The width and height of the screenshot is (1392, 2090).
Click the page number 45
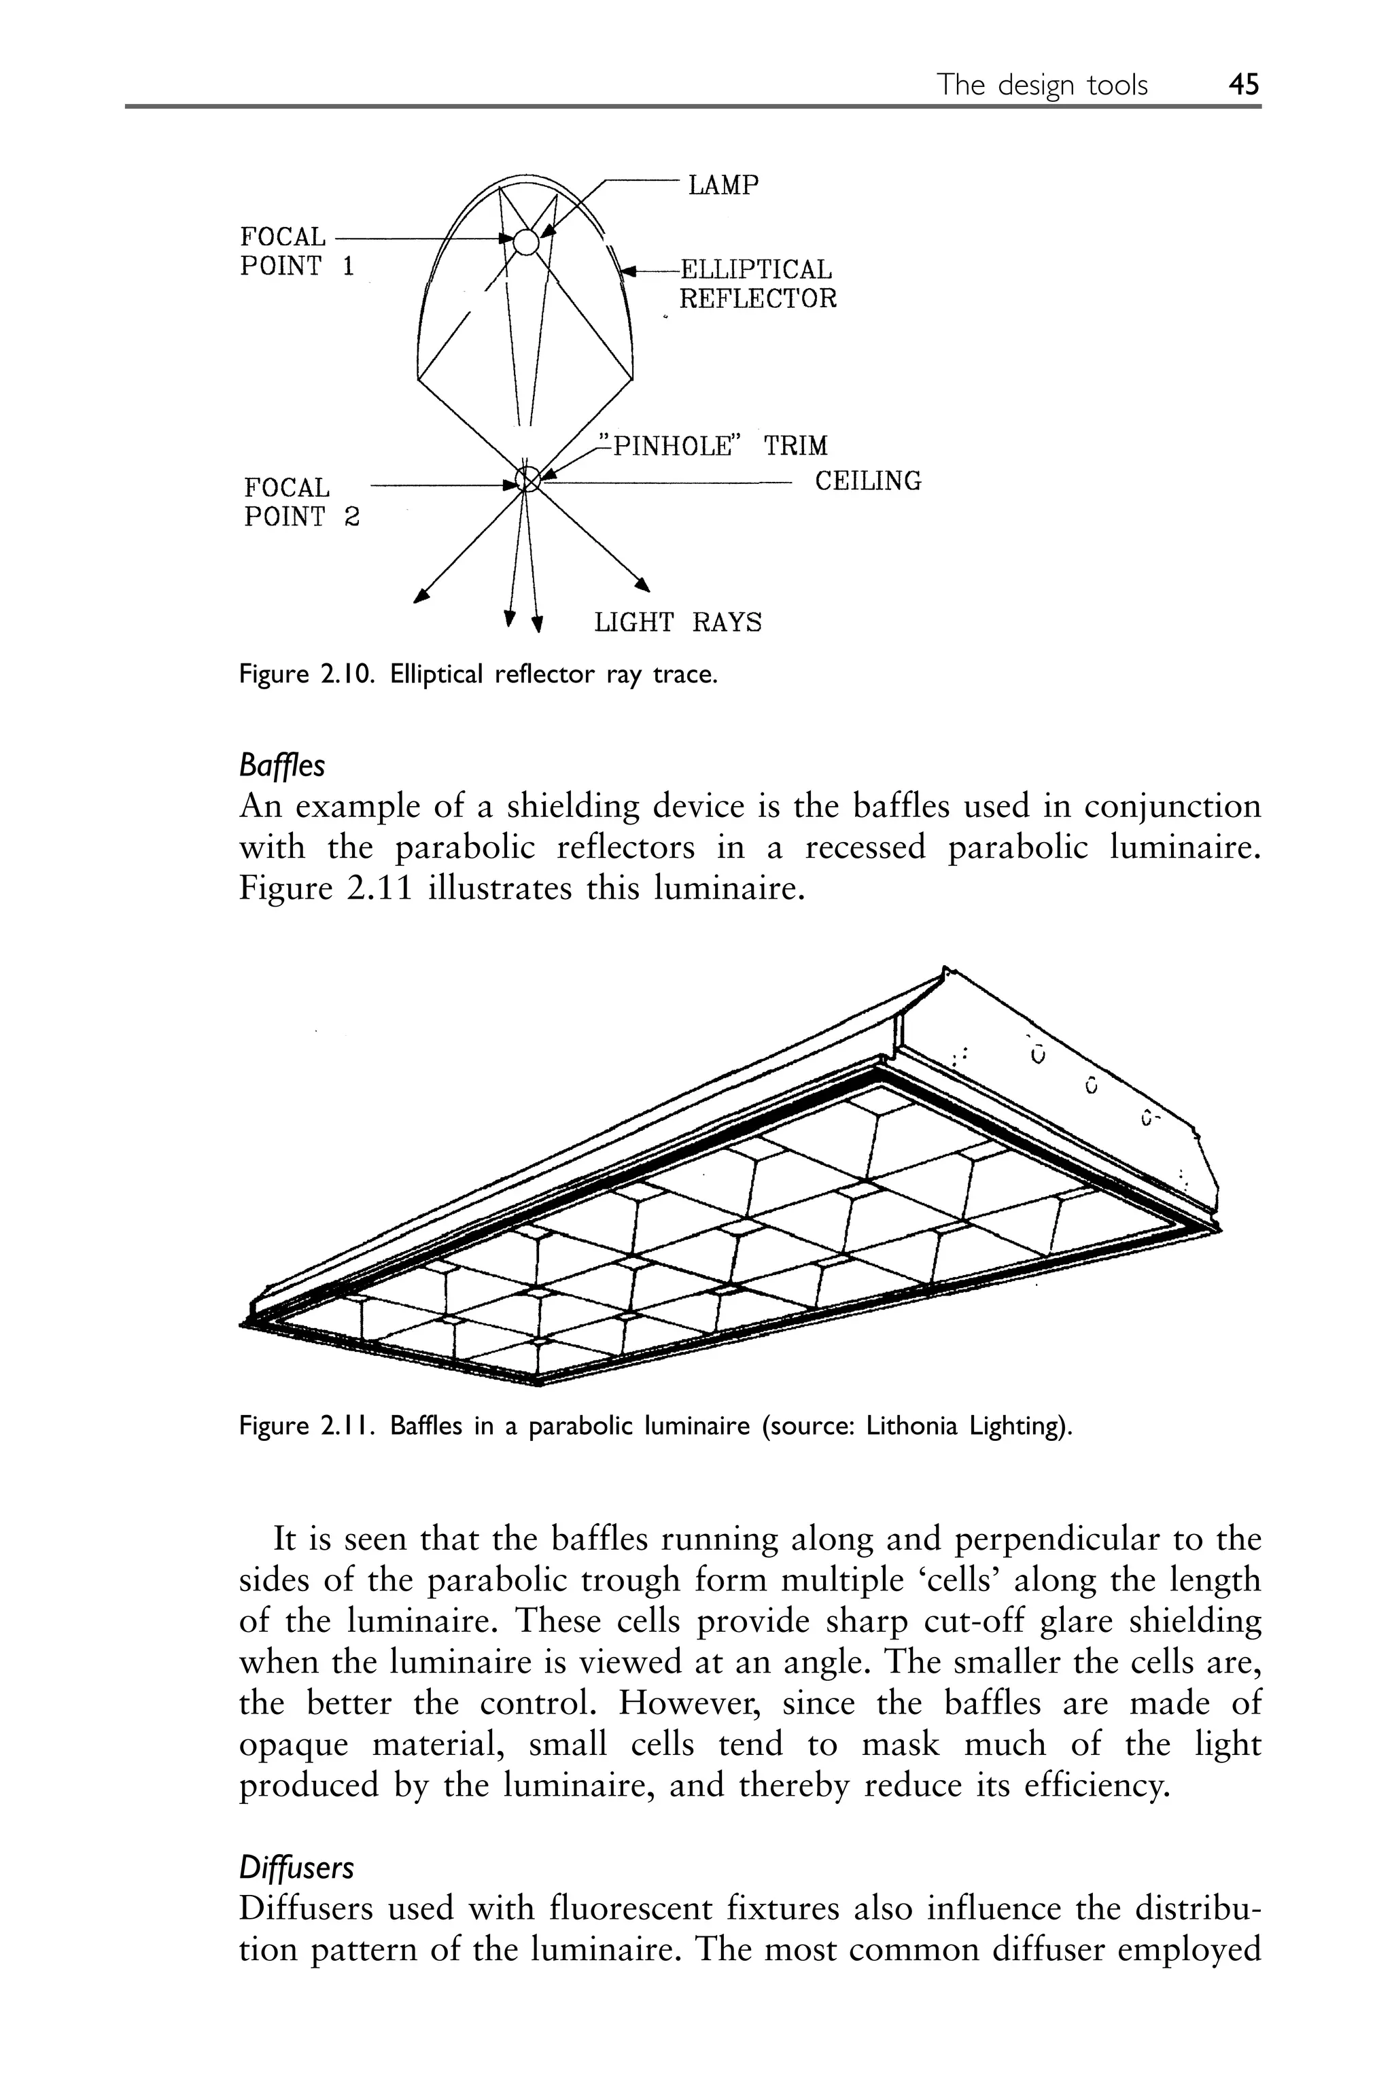click(x=1243, y=85)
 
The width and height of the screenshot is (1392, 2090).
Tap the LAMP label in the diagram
click(x=723, y=186)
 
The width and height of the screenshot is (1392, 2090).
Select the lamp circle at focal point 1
click(x=525, y=241)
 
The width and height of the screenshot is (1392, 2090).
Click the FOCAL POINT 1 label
click(x=296, y=251)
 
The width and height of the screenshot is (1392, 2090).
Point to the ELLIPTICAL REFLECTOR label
click(x=756, y=283)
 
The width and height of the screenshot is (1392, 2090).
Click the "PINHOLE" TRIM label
click(x=713, y=445)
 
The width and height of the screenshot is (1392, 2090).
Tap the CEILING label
click(x=867, y=481)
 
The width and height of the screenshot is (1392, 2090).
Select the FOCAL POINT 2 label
click(x=301, y=502)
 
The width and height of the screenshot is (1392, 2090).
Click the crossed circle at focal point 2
click(x=527, y=479)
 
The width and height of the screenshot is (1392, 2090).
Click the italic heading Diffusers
click(x=296, y=1868)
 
